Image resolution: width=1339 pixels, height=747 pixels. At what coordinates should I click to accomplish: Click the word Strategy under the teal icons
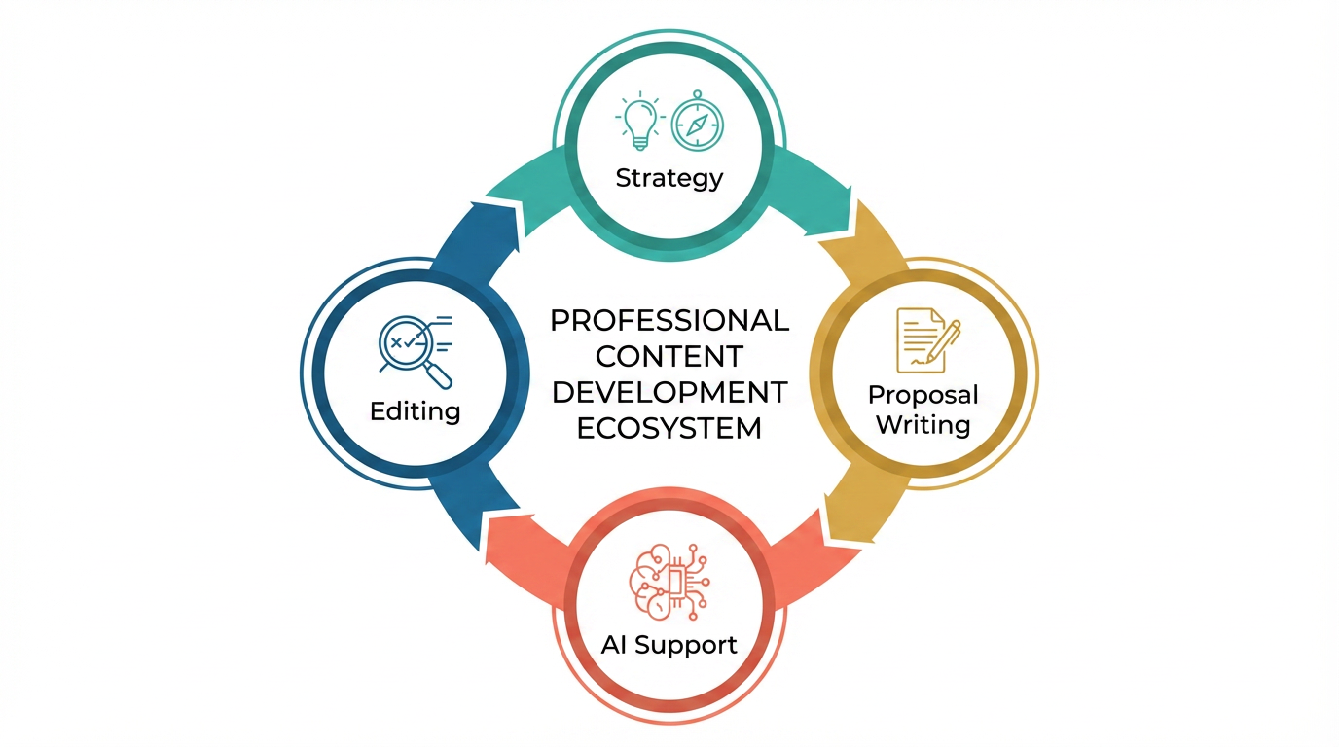click(x=669, y=178)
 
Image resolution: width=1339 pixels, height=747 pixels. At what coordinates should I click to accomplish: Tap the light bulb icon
click(x=638, y=121)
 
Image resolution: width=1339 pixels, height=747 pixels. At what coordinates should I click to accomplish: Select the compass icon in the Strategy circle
click(x=698, y=121)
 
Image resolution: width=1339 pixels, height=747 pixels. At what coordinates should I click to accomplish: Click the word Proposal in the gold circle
click(x=923, y=395)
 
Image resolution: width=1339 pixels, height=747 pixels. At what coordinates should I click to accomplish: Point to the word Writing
click(x=923, y=425)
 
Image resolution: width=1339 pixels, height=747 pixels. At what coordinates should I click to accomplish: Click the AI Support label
click(x=669, y=644)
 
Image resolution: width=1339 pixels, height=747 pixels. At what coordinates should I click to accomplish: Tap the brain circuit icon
click(x=669, y=582)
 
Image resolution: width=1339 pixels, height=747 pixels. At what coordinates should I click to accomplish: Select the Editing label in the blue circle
click(x=416, y=410)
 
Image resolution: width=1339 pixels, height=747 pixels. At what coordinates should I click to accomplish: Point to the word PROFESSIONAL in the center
click(x=669, y=320)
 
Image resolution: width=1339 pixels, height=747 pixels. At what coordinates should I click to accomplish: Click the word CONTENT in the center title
click(x=669, y=356)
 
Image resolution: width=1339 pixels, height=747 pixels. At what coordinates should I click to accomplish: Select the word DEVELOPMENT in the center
click(x=669, y=392)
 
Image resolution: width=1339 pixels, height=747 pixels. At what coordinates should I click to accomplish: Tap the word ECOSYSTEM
click(x=669, y=428)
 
